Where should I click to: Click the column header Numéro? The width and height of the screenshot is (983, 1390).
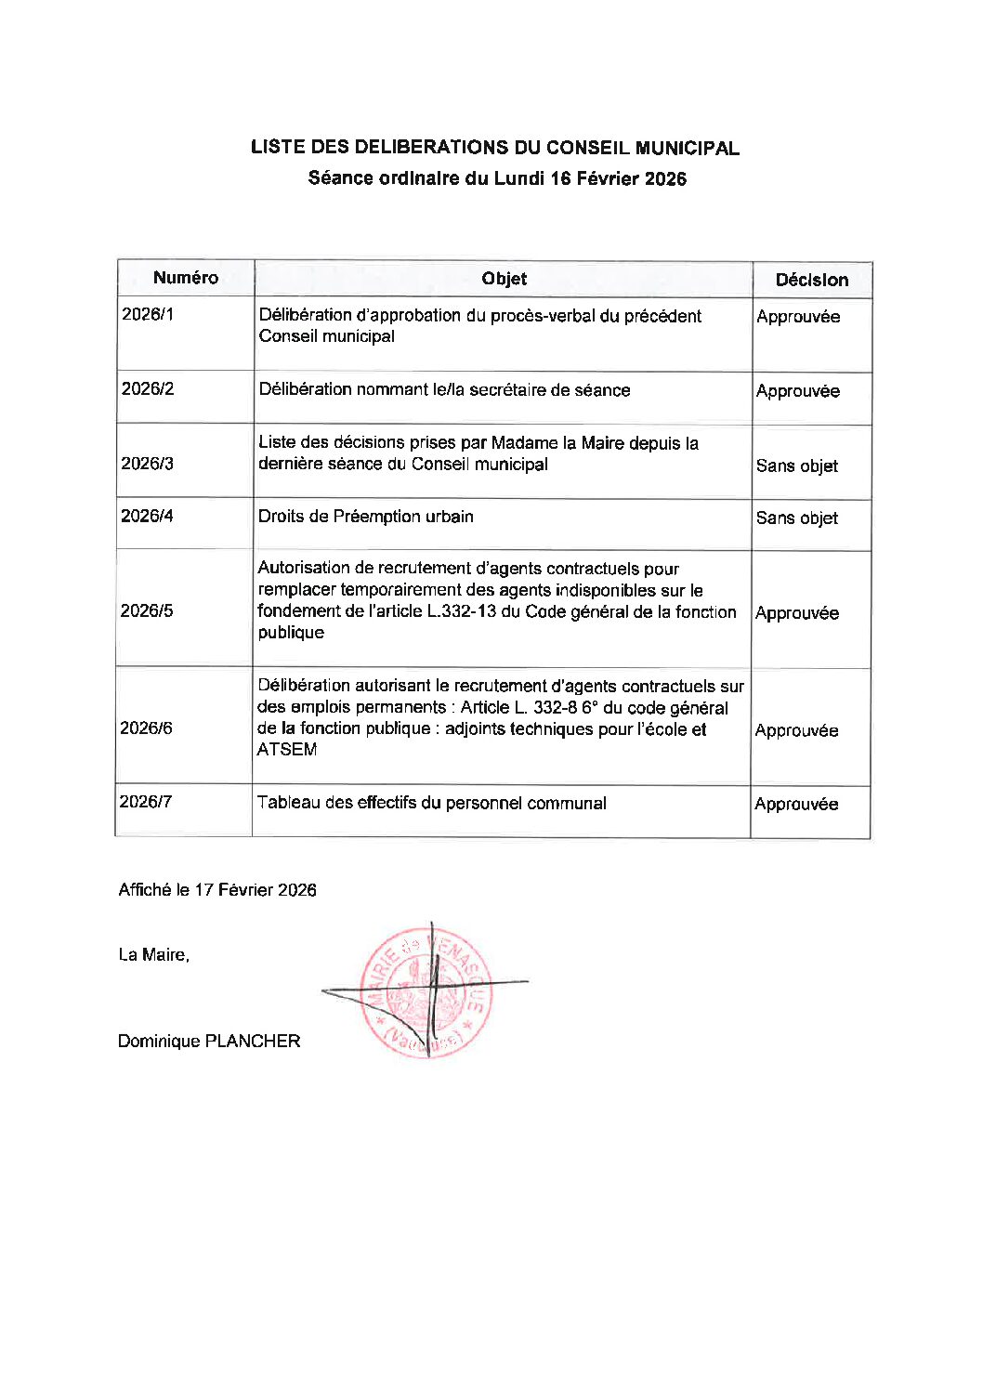[x=186, y=278]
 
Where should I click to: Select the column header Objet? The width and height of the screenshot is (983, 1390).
[x=504, y=279]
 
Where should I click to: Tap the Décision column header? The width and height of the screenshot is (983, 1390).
[x=811, y=280]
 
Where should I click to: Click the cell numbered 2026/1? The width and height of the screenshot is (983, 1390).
[x=148, y=314]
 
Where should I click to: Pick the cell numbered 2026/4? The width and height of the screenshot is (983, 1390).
[x=147, y=516]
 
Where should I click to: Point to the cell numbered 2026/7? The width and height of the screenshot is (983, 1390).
[x=146, y=801]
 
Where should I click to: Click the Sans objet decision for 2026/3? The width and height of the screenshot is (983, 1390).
[x=796, y=466]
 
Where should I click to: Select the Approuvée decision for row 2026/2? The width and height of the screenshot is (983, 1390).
[x=797, y=391]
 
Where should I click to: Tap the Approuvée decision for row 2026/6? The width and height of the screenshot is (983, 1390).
[x=796, y=730]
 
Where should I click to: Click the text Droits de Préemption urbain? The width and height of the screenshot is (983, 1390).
[x=366, y=517]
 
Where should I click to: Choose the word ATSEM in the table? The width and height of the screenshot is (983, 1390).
[x=287, y=750]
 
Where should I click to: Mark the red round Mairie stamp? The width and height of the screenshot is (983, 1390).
[x=426, y=992]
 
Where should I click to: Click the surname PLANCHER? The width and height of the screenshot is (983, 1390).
[x=253, y=1042]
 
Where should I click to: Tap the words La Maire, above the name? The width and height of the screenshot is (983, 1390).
[x=154, y=955]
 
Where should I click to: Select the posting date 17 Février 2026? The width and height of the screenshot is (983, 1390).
[x=256, y=890]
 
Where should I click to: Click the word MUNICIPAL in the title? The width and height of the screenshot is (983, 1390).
[x=688, y=148]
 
